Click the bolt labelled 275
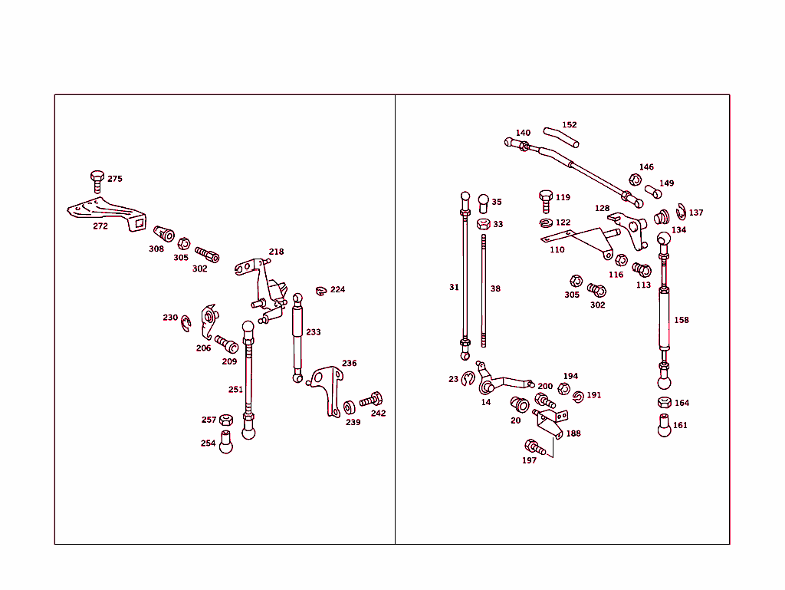[x=97, y=181]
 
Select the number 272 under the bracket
[x=100, y=226]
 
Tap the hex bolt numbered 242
[x=372, y=400]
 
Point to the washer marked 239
[x=350, y=407]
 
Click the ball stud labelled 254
[x=226, y=443]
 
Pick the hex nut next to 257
[x=225, y=420]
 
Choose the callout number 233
[x=314, y=332]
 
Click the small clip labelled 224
[x=321, y=290]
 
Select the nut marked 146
[x=635, y=180]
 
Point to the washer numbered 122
[x=546, y=223]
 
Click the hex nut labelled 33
[x=483, y=224]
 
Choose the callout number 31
[x=454, y=287]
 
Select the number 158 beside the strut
[x=681, y=320]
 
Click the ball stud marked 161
[x=664, y=425]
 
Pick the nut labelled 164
[x=664, y=403]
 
